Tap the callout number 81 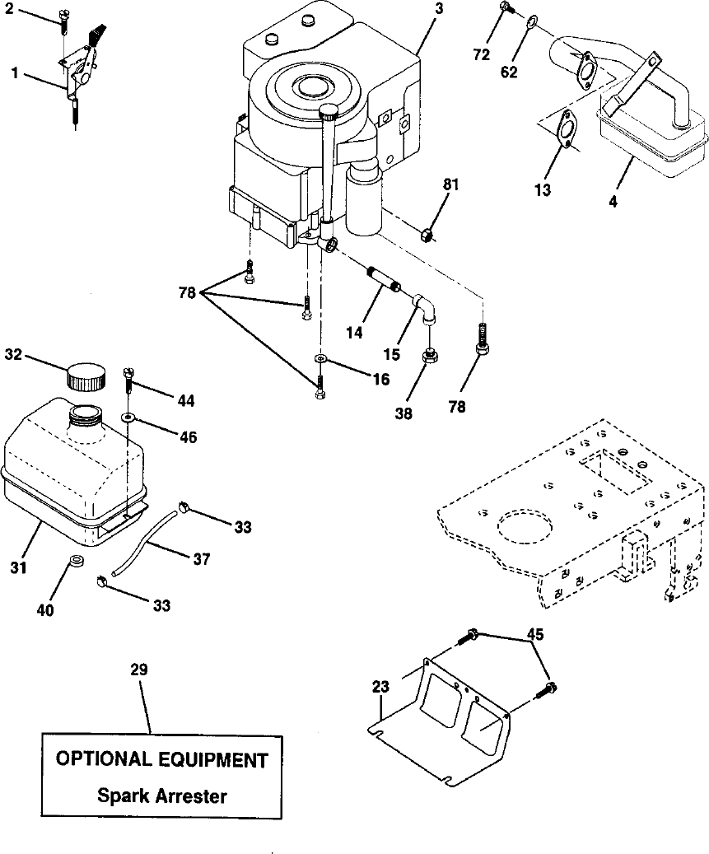click(x=451, y=184)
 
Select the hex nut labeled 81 click(x=428, y=236)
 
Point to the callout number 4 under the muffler click(x=613, y=201)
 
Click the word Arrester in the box click(x=190, y=796)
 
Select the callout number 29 click(x=139, y=669)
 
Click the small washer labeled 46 click(x=128, y=418)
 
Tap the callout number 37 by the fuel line click(x=202, y=559)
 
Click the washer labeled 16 click(x=321, y=359)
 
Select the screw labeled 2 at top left click(x=63, y=18)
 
